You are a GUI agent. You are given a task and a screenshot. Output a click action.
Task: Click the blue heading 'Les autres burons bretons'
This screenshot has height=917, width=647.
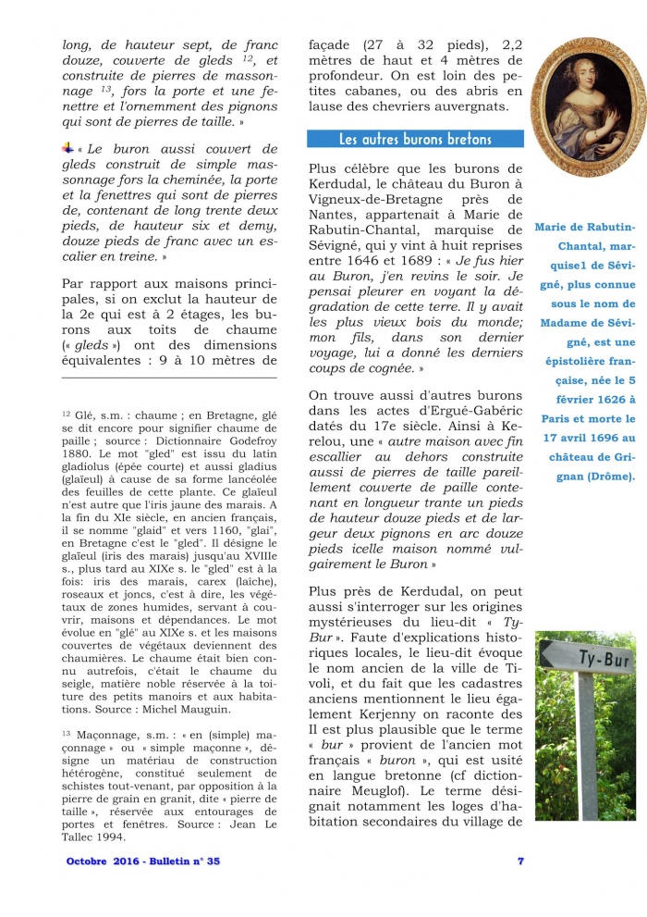(415, 140)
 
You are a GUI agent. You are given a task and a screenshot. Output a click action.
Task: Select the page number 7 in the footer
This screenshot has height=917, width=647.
(520, 861)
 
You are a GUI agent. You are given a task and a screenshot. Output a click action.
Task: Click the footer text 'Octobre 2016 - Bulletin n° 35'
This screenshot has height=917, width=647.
(143, 861)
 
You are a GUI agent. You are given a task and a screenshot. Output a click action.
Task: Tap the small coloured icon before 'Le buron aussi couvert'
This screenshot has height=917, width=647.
(67, 148)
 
